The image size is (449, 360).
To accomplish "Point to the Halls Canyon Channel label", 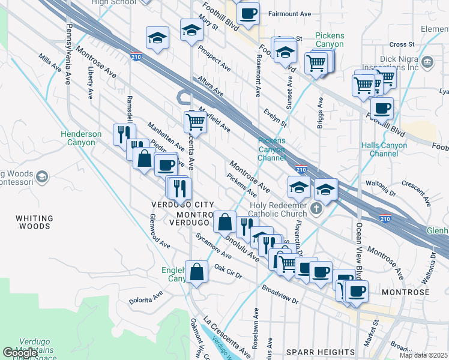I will [384, 149].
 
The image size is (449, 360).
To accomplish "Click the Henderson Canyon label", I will [81, 138].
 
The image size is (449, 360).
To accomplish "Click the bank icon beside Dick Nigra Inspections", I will [427, 62].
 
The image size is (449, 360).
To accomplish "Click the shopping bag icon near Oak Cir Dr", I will [196, 272].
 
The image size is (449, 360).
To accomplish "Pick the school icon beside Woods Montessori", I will [41, 176].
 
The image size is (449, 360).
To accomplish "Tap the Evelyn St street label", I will [276, 117].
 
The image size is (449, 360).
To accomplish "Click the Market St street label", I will [375, 331].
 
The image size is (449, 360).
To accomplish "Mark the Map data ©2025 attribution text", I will [423, 355].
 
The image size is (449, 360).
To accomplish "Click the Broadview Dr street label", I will [280, 295].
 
